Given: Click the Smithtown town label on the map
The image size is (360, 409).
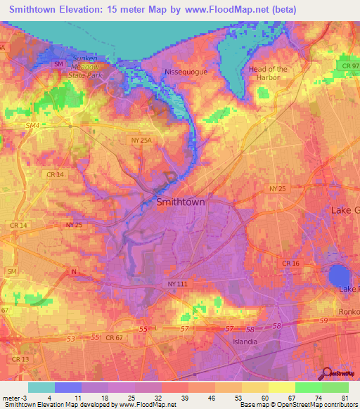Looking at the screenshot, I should [181, 202].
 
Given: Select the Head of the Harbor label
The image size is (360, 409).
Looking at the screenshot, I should [268, 73].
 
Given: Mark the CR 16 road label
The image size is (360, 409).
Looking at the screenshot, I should [291, 263].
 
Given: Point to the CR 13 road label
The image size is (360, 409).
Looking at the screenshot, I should [20, 359].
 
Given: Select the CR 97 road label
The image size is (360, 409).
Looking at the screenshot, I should [342, 65].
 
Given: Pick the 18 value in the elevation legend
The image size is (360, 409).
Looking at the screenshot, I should [103, 397].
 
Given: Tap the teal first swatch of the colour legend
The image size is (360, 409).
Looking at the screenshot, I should [41, 387].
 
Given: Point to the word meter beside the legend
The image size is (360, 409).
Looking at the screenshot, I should [11, 397].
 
